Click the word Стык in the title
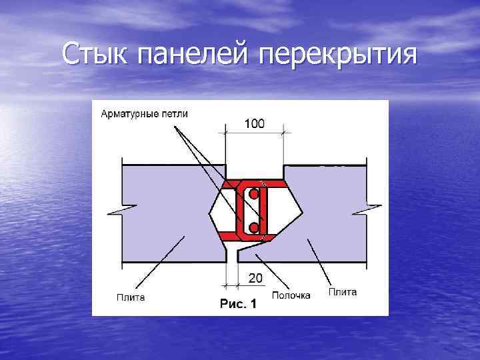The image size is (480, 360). click(98, 53)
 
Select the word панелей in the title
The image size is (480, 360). click(195, 53)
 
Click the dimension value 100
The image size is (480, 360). click(254, 123)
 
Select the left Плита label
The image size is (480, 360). click(131, 297)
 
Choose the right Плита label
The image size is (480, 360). click(343, 292)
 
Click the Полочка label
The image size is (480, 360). click(291, 295)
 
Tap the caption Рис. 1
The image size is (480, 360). click(238, 305)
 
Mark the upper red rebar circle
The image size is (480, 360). click(254, 195)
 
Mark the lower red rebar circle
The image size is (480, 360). click(254, 228)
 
